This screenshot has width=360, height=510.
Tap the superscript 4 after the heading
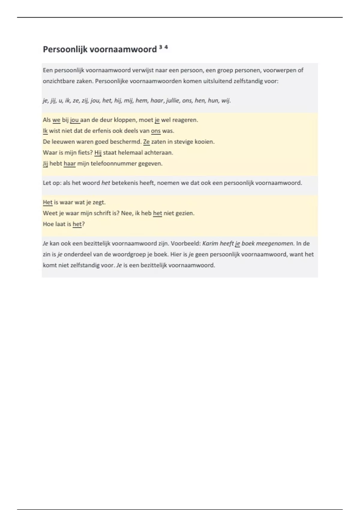click(x=166, y=47)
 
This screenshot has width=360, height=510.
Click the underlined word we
click(x=56, y=120)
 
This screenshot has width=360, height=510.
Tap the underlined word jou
click(x=75, y=120)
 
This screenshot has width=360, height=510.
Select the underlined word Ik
click(x=45, y=131)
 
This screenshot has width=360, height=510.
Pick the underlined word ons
click(x=156, y=131)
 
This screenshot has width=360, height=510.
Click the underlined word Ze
click(x=146, y=142)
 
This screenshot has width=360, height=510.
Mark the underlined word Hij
click(x=98, y=153)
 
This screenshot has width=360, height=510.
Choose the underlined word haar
click(x=70, y=164)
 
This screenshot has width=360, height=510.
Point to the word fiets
click(x=85, y=153)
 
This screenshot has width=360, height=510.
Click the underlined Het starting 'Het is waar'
click(x=48, y=202)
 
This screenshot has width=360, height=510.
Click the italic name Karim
click(x=210, y=244)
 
